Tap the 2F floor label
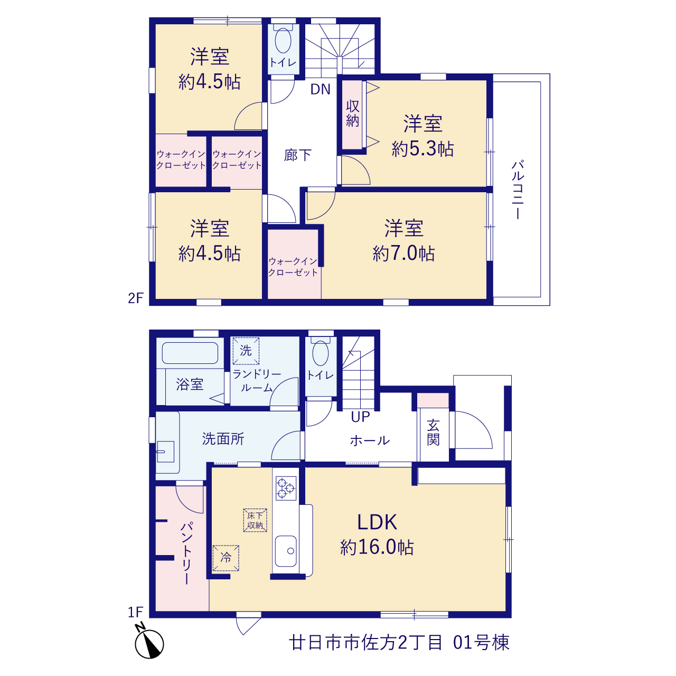[x=136, y=298]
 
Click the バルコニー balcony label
[x=518, y=190]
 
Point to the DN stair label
[x=320, y=89]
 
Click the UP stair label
[x=360, y=417]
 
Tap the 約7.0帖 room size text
[x=403, y=253]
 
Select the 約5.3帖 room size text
[x=422, y=149]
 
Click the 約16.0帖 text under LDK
[x=377, y=547]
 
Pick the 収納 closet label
[x=353, y=114]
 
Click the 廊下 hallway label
[x=297, y=155]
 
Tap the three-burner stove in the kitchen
[x=286, y=488]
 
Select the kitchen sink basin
[x=286, y=551]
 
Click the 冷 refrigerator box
[x=226, y=558]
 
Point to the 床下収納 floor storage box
[x=255, y=520]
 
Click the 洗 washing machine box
[x=246, y=351]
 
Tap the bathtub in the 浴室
[x=190, y=353]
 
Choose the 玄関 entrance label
[x=433, y=432]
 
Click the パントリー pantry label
[x=186, y=553]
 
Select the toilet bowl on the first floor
[x=320, y=353]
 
